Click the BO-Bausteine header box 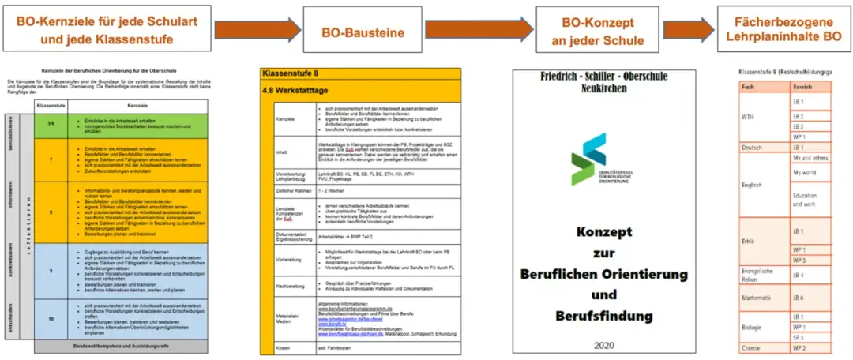click(363, 32)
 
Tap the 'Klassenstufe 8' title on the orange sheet click(293, 73)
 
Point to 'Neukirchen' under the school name click(606, 88)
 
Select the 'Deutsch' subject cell click(752, 148)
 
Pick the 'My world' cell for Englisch click(804, 172)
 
